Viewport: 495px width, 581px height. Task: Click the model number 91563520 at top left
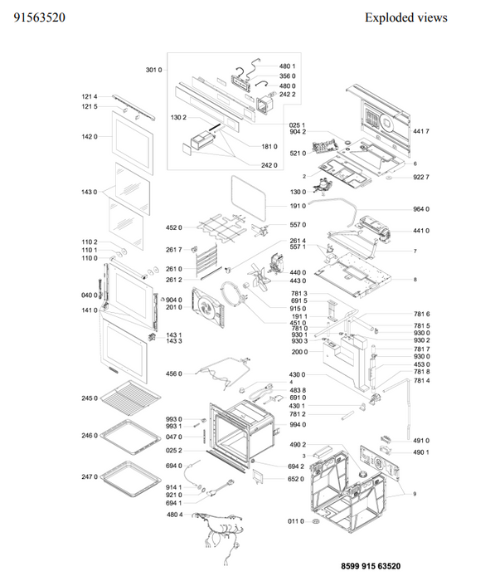[x=39, y=17]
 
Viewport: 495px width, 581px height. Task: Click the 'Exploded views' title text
[x=405, y=17]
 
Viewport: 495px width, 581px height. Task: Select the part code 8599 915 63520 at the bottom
[x=371, y=566]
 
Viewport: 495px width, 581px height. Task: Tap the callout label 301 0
[x=153, y=70]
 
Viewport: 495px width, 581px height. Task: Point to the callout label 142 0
[x=90, y=136]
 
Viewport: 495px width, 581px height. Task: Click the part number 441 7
[x=421, y=131]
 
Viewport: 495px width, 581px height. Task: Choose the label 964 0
[x=421, y=209]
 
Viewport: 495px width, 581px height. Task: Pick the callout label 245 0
[x=90, y=398]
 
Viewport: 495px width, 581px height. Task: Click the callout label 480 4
[x=175, y=515]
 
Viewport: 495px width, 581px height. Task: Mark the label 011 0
[x=296, y=521]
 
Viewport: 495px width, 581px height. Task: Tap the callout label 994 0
[x=298, y=425]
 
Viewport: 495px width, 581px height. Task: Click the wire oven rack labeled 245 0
[x=130, y=398]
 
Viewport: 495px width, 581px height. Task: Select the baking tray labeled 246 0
[x=130, y=437]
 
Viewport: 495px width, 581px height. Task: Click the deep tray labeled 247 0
[x=130, y=478]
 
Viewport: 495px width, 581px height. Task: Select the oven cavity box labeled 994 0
[x=241, y=434]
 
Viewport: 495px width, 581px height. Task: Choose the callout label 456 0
[x=173, y=373]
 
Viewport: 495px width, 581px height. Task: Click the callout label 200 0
[x=299, y=352]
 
